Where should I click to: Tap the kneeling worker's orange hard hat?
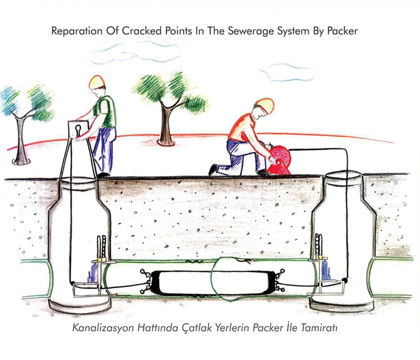[265, 105]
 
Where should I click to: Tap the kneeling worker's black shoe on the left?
[213, 169]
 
